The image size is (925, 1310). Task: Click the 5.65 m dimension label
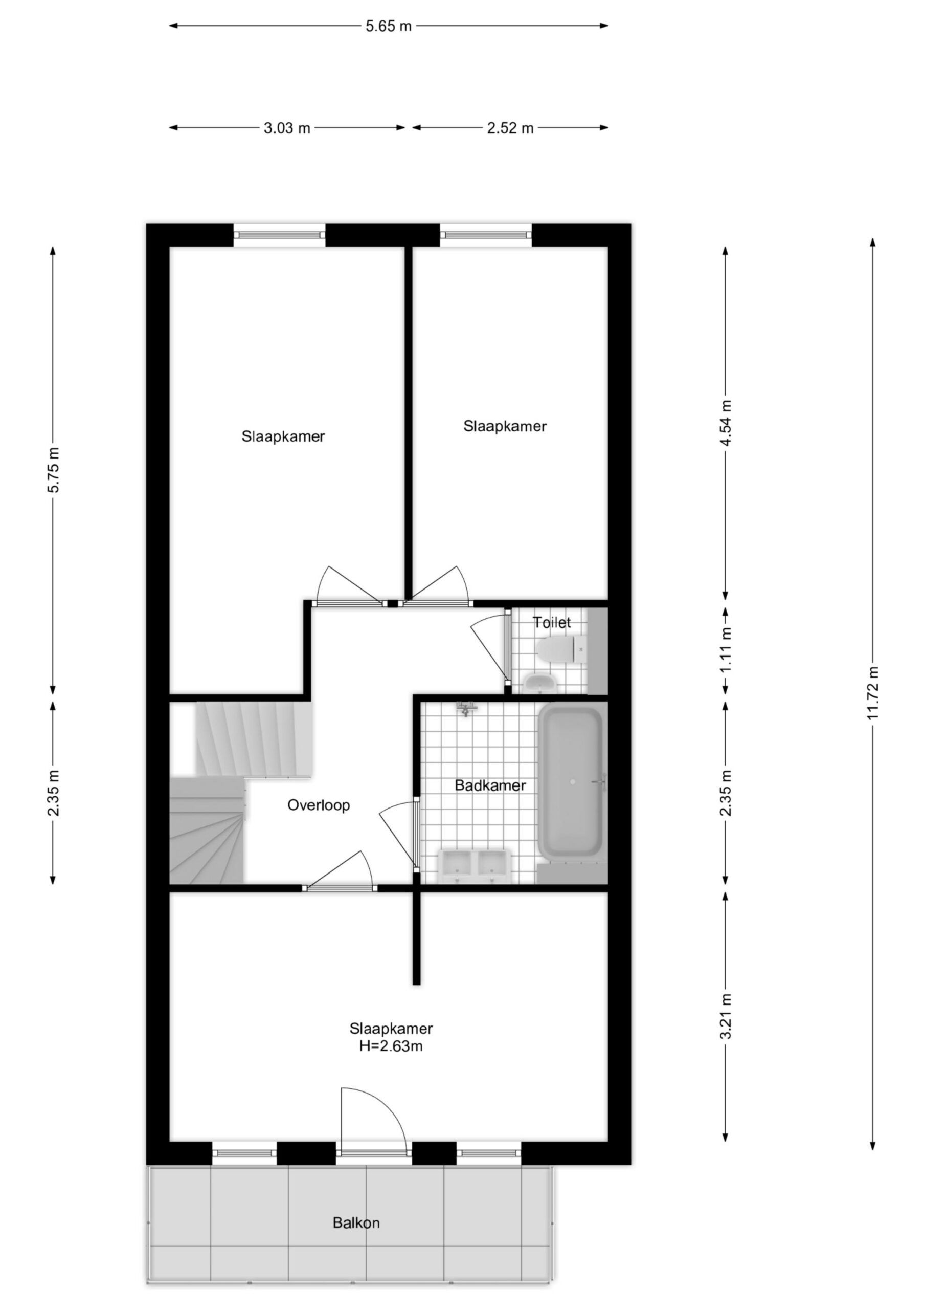[389, 26]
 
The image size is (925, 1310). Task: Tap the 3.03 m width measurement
[287, 128]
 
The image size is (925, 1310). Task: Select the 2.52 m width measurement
[510, 128]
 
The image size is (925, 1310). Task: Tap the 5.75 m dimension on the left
[53, 470]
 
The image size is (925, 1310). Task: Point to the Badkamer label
[490, 785]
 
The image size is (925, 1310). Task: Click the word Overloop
[318, 805]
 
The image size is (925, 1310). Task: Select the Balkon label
[356, 1222]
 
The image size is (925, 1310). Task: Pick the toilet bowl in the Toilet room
[561, 649]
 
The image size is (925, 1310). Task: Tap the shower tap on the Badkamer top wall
[466, 709]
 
